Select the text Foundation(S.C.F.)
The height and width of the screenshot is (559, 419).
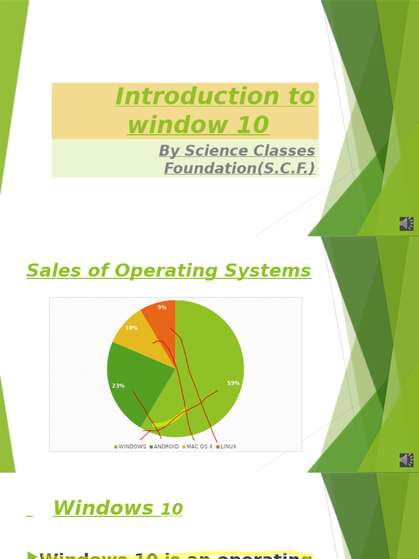click(x=240, y=168)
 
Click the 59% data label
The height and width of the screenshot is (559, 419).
click(x=234, y=383)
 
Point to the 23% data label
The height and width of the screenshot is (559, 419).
click(x=118, y=386)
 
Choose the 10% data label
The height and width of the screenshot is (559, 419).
click(x=131, y=328)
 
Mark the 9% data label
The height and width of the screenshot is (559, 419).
click(x=162, y=308)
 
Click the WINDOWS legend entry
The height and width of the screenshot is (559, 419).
click(x=131, y=447)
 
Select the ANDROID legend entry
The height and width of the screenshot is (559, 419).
click(x=165, y=447)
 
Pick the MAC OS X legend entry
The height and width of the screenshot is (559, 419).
click(x=199, y=447)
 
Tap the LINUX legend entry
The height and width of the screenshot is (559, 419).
click(x=228, y=447)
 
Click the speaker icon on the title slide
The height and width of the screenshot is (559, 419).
click(x=406, y=224)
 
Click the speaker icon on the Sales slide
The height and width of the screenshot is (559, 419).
click(x=406, y=460)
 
